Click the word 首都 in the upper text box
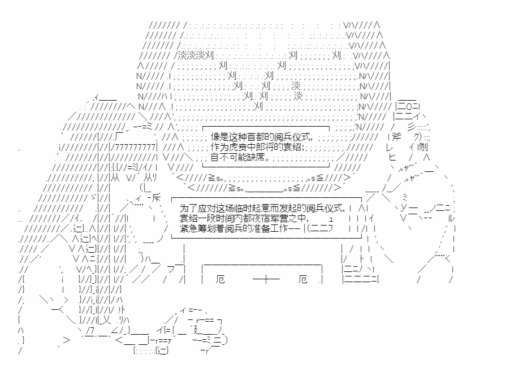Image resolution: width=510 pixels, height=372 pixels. point(249,137)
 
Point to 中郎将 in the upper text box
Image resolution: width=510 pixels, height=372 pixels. point(263,146)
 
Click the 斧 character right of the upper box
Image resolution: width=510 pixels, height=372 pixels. point(396,137)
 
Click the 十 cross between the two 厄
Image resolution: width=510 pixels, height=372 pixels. point(262,280)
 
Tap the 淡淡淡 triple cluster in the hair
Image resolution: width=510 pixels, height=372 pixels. point(191,55)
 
